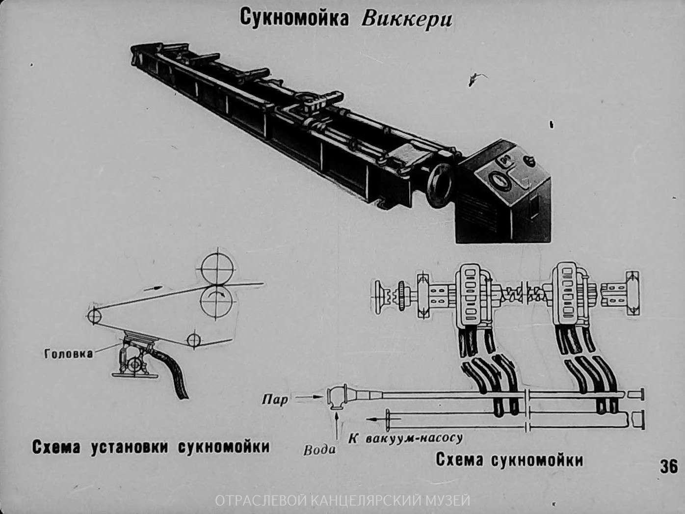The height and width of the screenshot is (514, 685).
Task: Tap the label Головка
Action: point(69,353)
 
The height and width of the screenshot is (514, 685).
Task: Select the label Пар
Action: point(275,400)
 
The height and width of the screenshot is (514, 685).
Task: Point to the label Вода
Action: point(320,450)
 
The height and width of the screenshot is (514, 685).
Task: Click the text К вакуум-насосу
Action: point(405,438)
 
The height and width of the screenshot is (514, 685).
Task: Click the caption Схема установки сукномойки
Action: point(151,447)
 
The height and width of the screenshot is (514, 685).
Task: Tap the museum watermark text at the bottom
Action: point(342,501)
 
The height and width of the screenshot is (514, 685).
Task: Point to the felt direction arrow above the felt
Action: point(153,288)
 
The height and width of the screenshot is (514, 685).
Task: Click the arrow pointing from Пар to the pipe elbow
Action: point(309,397)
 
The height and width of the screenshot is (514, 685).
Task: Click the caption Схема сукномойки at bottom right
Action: point(509,460)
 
